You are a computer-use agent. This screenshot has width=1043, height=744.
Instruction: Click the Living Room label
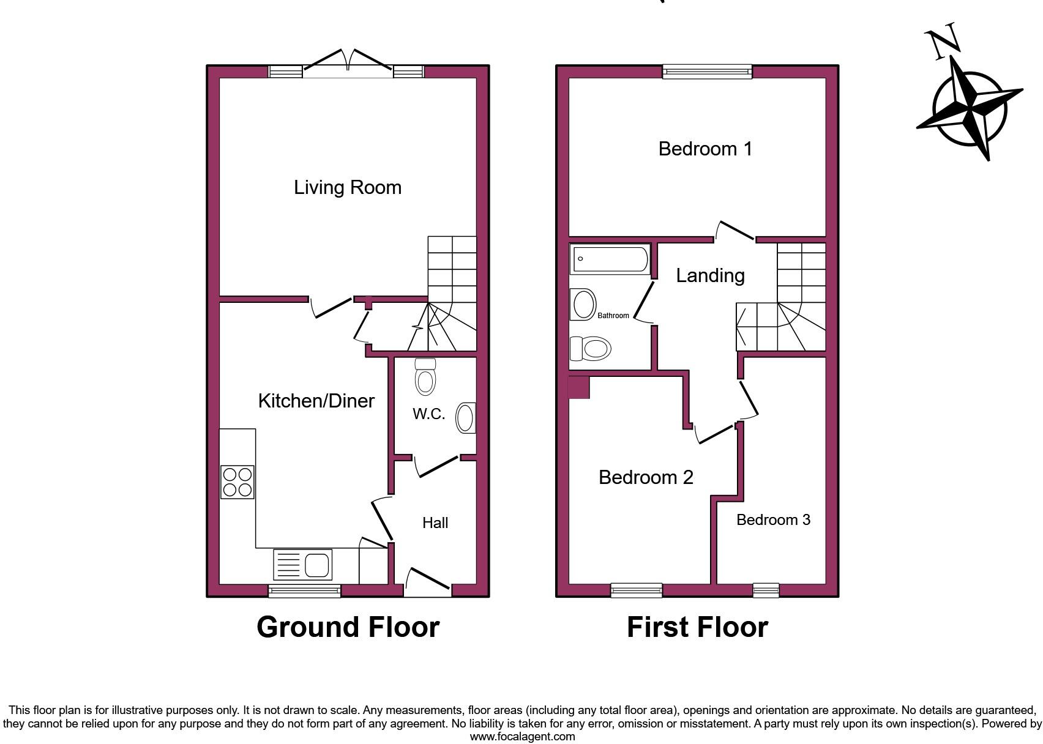pos(348,187)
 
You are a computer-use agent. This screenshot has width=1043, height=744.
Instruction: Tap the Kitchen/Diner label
pos(316,401)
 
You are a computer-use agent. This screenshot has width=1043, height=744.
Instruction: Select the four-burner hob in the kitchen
pos(237,482)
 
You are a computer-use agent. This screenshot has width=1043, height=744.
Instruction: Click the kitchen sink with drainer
pos(303,564)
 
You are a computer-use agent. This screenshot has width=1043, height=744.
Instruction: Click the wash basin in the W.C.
pos(466,418)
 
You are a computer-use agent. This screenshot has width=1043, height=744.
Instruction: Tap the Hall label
pos(435,523)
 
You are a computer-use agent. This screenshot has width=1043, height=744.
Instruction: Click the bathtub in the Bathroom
pos(610,259)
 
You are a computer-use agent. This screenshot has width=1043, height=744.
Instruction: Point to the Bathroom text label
pos(613,316)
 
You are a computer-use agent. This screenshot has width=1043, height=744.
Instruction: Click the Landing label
pos(710,275)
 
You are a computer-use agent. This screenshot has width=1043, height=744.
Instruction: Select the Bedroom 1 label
pos(705,149)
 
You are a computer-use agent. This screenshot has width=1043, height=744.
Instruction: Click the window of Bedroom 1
pos(708,72)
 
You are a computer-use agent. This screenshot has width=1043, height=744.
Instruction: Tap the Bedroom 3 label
pos(773,520)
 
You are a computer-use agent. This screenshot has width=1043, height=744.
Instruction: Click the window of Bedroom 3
pos(766,590)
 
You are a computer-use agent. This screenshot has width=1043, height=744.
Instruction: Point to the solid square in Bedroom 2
pos(579,388)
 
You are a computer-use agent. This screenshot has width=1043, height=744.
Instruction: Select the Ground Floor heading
pos(348,627)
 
